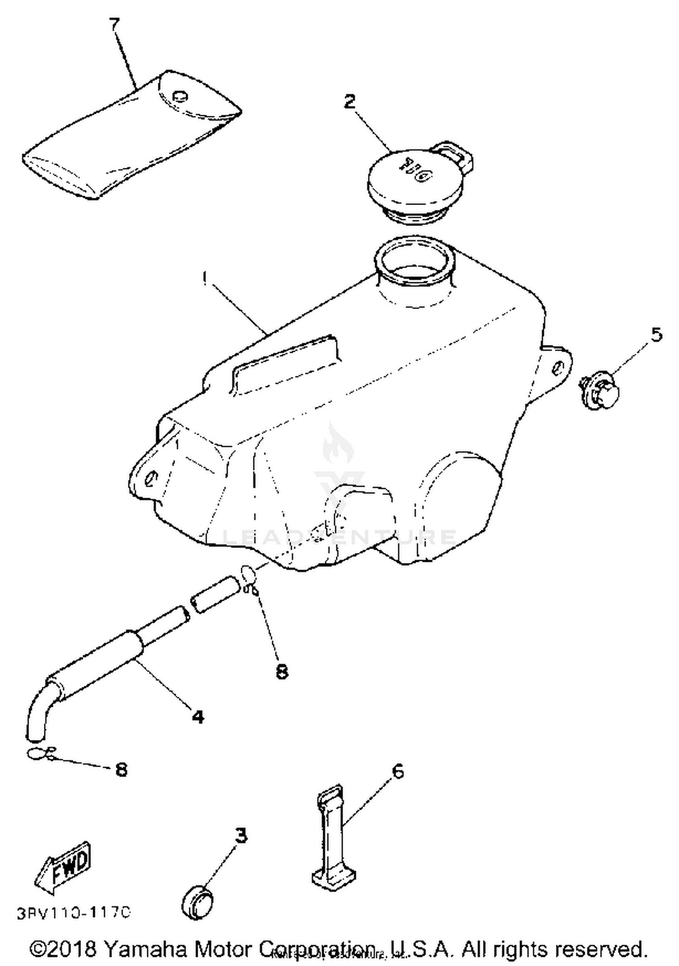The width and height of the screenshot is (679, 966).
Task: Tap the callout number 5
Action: [x=656, y=335]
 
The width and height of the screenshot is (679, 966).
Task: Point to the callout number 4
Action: [x=198, y=716]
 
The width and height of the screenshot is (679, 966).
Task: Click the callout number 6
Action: [x=397, y=771]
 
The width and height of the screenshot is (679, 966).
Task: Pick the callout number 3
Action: [x=241, y=836]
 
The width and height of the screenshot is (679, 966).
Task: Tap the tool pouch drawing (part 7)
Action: [x=131, y=136]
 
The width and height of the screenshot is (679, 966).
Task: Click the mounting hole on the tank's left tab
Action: [x=151, y=478]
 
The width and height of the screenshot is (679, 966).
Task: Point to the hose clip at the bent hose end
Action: [x=41, y=753]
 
